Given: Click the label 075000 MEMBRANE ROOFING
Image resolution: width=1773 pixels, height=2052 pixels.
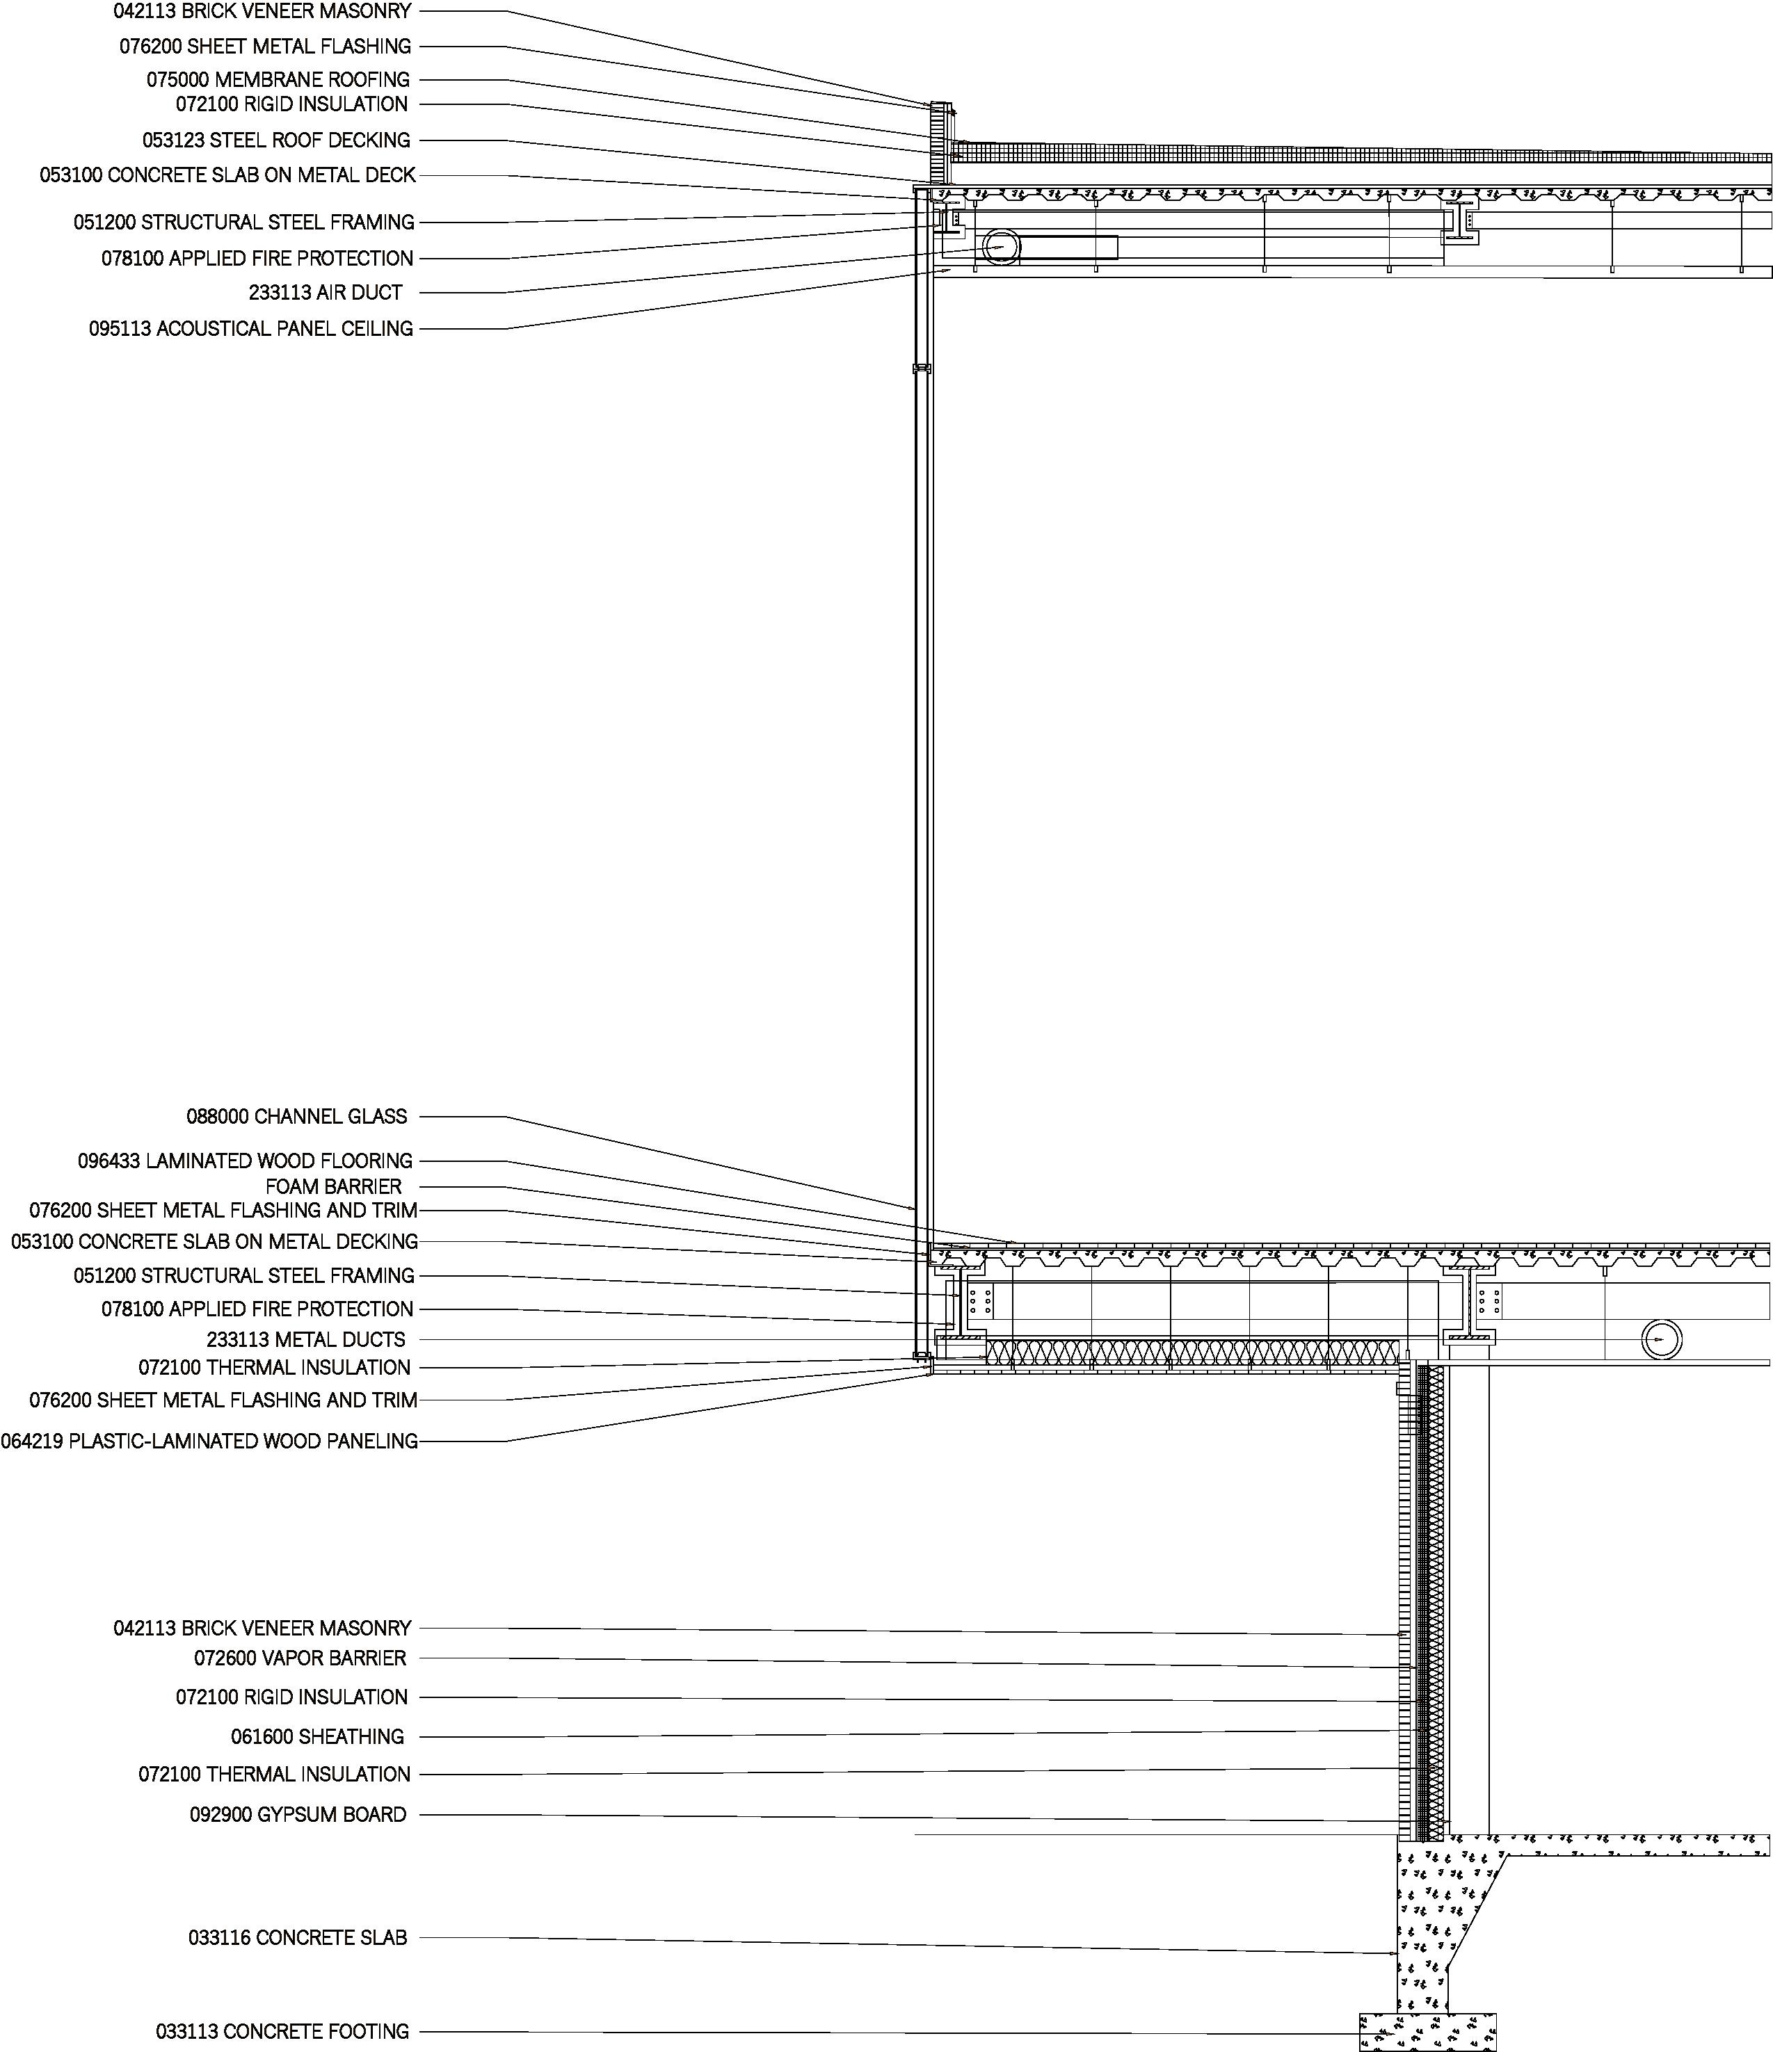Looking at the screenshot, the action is [278, 79].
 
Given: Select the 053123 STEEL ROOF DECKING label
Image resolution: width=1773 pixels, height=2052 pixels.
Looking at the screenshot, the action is [275, 140].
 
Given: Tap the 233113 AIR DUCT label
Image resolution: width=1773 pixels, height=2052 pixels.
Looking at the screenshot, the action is [325, 292].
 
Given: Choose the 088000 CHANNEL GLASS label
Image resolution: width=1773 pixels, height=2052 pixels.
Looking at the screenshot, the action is [296, 1116].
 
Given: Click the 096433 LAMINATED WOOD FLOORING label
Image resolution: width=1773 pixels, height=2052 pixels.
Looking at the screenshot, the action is [245, 1160].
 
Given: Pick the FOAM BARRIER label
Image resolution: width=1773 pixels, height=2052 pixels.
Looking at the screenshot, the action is [332, 1186].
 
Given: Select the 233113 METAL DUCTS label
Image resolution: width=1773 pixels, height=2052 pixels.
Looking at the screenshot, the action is [305, 1339].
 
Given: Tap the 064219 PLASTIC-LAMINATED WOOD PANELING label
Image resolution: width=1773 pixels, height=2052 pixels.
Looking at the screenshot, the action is [208, 1441].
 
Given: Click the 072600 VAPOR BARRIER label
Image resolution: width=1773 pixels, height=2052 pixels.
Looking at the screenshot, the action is [299, 1657].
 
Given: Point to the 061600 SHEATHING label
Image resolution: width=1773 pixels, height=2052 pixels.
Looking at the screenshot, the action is [317, 1736].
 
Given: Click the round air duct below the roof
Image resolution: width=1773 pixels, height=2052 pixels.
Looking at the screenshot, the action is [1000, 248].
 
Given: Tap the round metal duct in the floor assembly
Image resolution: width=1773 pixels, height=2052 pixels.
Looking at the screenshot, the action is [1660, 1340].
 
